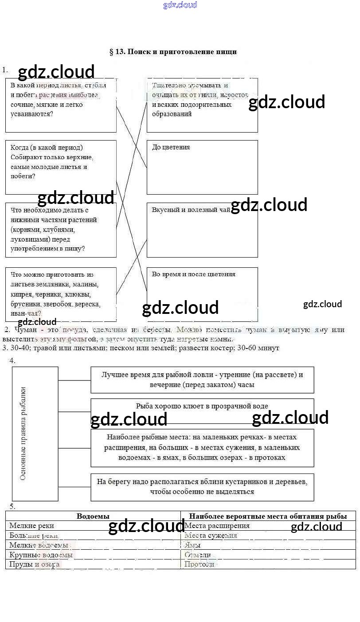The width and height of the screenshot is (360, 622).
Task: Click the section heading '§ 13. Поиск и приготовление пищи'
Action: click(173, 52)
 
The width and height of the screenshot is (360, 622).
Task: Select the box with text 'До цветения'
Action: click(202, 167)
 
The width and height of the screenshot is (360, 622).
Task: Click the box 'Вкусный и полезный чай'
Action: click(202, 230)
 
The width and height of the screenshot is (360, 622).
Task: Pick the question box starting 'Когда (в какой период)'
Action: click(61, 167)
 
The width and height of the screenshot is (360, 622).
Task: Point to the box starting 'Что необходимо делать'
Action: click(61, 230)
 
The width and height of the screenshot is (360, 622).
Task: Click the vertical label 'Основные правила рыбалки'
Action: click(23, 433)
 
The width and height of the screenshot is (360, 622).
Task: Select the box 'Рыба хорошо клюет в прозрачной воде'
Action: click(202, 406)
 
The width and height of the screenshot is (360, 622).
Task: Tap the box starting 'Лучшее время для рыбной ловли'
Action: click(202, 379)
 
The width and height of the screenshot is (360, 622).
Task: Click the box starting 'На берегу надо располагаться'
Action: click(202, 487)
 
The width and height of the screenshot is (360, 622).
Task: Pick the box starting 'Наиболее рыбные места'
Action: click(202, 447)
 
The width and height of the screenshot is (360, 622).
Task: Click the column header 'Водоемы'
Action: click(93, 516)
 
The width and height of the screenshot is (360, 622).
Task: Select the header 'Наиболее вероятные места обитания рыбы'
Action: click(268, 516)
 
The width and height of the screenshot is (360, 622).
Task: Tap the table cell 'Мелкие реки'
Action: click(32, 526)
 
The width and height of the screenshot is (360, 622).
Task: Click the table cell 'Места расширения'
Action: click(217, 526)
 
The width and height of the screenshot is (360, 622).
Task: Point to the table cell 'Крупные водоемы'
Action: click(41, 555)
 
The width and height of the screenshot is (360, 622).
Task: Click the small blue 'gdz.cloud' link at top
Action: click(180, 5)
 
